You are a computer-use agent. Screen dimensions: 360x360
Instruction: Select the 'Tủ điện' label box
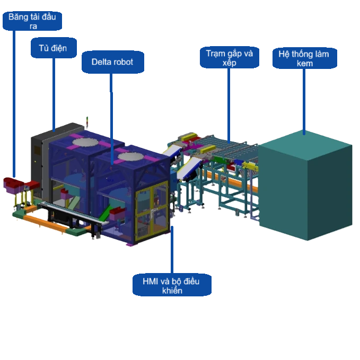coord(53,48)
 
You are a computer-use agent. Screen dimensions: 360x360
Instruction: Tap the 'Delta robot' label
coord(112,63)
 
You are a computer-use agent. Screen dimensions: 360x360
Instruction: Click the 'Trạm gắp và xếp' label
coord(230,58)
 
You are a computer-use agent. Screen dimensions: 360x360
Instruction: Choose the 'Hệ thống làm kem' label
coord(304,58)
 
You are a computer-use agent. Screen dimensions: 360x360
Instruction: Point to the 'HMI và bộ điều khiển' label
coord(172,285)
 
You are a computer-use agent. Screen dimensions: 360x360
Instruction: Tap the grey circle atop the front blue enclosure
coord(132,157)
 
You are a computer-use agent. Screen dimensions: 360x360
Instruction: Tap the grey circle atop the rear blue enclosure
coord(88,142)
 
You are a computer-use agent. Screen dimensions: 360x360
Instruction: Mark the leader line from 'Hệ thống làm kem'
coord(304,101)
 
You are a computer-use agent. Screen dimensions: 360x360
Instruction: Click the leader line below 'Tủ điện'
coord(54,93)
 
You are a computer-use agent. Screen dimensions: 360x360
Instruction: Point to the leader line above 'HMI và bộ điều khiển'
coord(172,249)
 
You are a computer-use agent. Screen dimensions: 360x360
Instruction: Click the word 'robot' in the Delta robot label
coord(123,63)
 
